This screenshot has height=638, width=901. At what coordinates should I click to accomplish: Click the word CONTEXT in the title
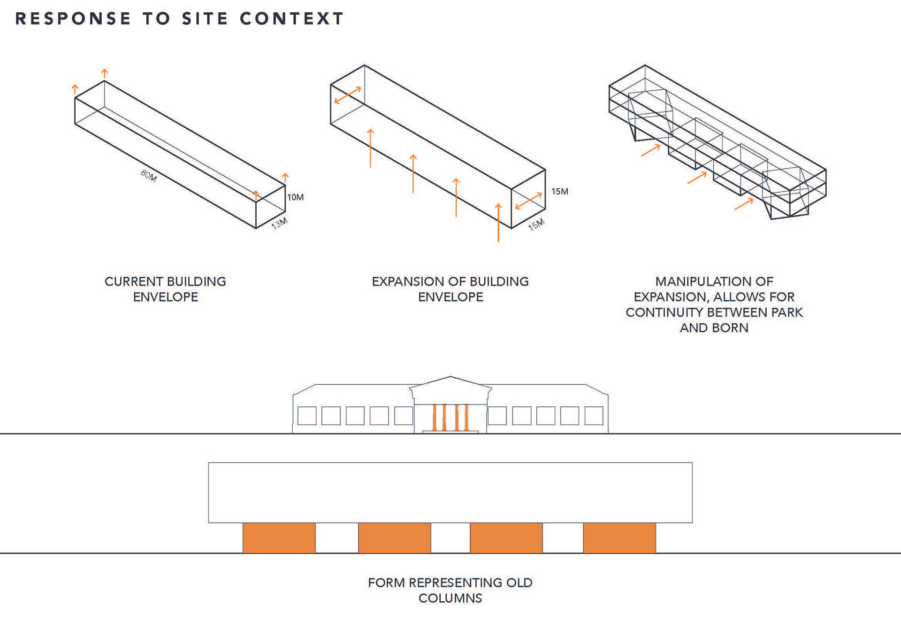(x=291, y=19)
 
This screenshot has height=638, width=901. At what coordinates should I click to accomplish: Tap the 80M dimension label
(x=148, y=176)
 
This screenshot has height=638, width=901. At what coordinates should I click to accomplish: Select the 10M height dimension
(x=295, y=197)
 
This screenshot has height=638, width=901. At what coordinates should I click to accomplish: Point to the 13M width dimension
(x=279, y=224)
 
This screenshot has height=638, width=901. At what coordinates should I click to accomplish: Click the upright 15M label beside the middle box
(x=559, y=192)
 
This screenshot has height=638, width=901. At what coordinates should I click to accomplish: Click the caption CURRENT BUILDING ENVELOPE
(x=165, y=289)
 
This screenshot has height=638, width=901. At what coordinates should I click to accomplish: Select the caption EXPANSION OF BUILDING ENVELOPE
(x=450, y=289)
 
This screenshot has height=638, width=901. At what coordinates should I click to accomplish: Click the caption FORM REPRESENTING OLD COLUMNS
(x=450, y=590)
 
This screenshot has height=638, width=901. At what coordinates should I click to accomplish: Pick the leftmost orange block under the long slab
(x=279, y=538)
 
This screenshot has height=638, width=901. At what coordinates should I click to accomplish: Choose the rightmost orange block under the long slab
(x=619, y=538)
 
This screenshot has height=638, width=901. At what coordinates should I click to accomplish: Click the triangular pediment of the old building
(x=450, y=384)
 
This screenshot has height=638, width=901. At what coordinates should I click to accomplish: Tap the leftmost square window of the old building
(x=307, y=416)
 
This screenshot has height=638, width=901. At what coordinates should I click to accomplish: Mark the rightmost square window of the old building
(x=594, y=416)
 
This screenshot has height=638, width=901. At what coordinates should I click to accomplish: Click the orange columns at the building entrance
(x=450, y=417)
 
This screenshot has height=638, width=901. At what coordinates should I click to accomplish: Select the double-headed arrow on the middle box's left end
(x=348, y=95)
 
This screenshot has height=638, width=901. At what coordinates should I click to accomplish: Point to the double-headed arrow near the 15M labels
(x=528, y=201)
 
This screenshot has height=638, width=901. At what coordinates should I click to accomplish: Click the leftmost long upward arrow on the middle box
(x=370, y=148)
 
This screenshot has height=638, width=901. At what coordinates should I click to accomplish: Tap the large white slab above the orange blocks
(x=450, y=492)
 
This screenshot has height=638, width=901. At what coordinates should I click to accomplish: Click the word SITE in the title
(x=205, y=19)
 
